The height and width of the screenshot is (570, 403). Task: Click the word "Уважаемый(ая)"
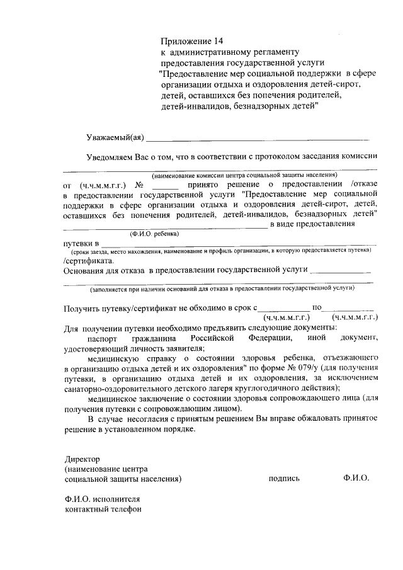(115, 138)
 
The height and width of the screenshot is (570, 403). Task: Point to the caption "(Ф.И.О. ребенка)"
(154, 233)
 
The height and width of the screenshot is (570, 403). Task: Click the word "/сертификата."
(89, 259)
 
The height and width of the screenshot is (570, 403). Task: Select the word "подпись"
(284, 479)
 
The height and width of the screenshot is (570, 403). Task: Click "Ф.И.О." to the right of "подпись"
(356, 479)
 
